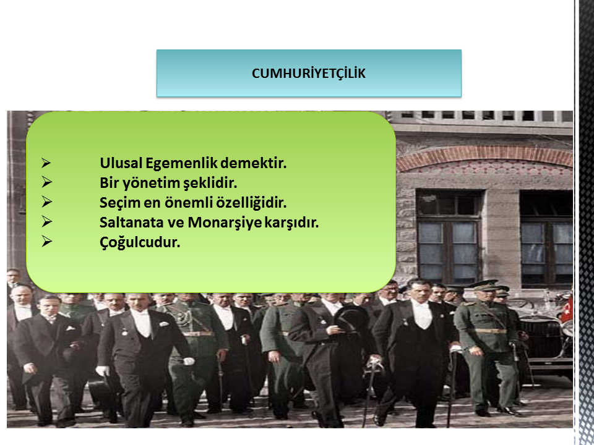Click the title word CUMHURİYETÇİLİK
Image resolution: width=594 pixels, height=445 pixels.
[x=308, y=74]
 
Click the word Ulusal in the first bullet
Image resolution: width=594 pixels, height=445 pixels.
[x=121, y=163]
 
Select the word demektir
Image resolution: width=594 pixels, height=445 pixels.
[x=253, y=163]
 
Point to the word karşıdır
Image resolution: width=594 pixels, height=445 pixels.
[x=291, y=223]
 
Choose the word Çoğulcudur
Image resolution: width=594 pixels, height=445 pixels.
[x=140, y=242]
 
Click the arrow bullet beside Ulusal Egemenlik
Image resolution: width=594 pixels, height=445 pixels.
[x=46, y=163]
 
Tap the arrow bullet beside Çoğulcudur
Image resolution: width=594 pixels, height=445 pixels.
[x=46, y=242]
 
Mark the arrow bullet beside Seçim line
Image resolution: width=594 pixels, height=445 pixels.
[x=46, y=202]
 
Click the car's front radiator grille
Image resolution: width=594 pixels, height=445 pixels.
[x=541, y=337]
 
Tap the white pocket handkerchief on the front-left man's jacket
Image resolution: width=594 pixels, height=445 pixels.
[x=70, y=328]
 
